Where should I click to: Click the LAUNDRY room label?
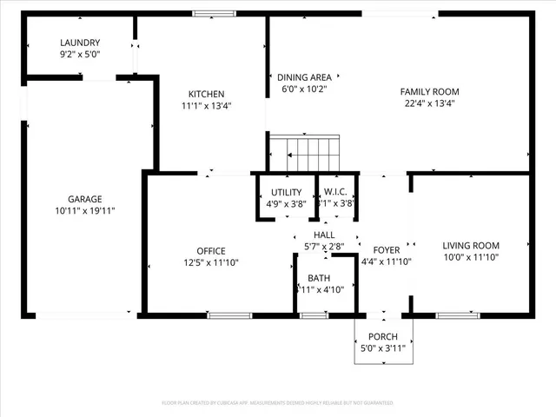[80, 43]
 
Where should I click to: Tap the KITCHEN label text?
[207, 94]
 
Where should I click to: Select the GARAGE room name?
[85, 198]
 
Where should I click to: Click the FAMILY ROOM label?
[429, 91]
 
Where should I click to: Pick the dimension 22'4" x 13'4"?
[429, 103]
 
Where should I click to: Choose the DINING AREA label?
[303, 76]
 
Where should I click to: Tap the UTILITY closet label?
[286, 192]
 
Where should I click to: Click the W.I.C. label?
[335, 192]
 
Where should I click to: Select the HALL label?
[324, 235]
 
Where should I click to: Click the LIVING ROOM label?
[470, 245]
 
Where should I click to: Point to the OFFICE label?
[210, 251]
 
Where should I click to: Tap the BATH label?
[319, 278]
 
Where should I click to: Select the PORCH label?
[383, 337]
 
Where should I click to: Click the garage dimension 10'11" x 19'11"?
[85, 210]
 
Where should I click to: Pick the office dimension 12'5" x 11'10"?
[210, 262]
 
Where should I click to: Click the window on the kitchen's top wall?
[208, 13]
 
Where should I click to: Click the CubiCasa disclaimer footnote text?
[278, 403]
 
